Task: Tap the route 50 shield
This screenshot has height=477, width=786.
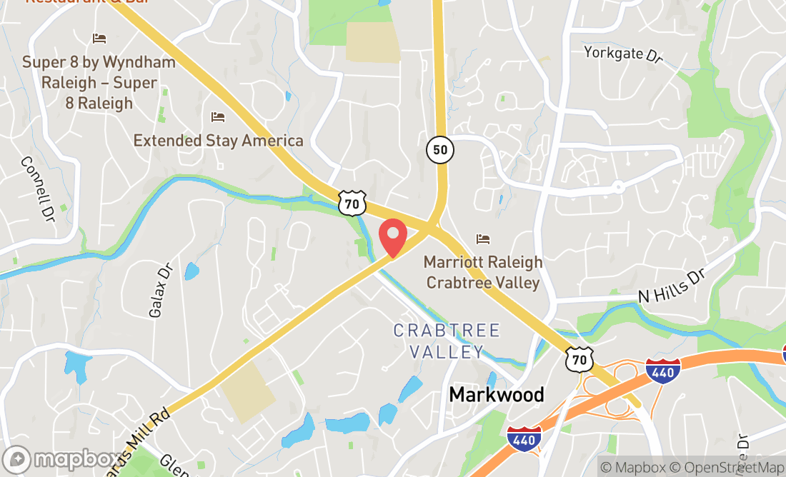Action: pos(439,150)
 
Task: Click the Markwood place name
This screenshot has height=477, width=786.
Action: pos(497,394)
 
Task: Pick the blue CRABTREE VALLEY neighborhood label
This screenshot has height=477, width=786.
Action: pos(447,341)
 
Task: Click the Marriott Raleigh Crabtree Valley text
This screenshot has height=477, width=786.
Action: pos(483,272)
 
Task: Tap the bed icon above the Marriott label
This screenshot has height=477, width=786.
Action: pos(483,239)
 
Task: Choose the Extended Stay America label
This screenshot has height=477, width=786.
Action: pos(218,140)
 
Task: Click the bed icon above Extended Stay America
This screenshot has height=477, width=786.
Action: pos(218,116)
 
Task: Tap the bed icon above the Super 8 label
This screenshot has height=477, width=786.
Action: pos(99,38)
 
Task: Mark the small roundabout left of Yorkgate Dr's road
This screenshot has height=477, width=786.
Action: pos(618,187)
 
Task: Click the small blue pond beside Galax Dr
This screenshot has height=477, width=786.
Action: pos(191,271)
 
